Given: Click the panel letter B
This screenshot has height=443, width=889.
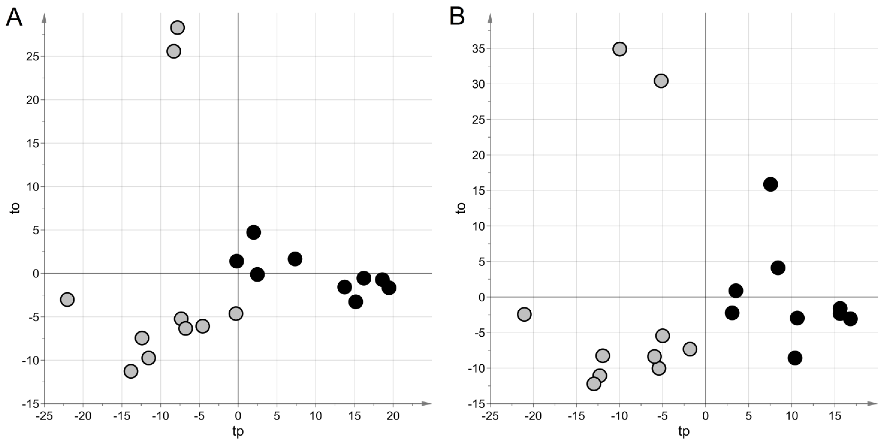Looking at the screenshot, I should [x=457, y=16].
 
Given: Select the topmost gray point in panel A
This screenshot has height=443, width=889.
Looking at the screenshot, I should [x=177, y=27].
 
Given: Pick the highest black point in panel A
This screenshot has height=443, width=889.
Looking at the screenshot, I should [x=253, y=232].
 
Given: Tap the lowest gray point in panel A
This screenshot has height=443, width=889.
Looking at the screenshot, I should [x=131, y=371].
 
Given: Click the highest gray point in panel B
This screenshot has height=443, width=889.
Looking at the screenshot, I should [x=620, y=49].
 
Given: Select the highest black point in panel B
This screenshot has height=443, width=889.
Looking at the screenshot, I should [x=770, y=184].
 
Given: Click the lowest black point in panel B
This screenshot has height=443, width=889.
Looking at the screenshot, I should [x=795, y=358].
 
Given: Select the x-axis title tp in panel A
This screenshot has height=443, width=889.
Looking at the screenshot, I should [x=238, y=432].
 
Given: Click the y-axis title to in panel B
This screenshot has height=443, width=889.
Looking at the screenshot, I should [x=461, y=208].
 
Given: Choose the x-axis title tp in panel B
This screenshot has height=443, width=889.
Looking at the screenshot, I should [x=684, y=432].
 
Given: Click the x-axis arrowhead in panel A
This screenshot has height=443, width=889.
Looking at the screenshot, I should [x=427, y=403].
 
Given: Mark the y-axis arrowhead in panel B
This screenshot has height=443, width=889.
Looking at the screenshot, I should [x=490, y=18].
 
